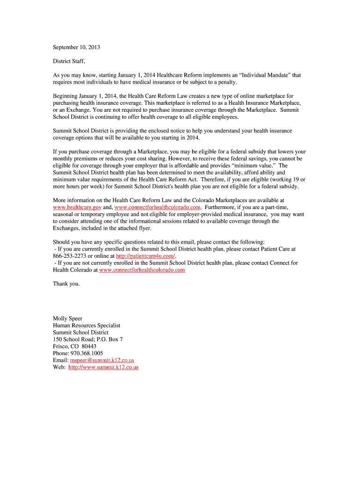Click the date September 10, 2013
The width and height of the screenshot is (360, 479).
pyautogui.click(x=76, y=47)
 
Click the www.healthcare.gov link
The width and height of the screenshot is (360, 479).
pyautogui.click(x=77, y=207)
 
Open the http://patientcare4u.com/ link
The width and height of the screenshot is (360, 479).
pyautogui.click(x=145, y=256)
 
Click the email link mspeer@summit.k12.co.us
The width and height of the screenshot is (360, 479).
pyautogui.click(x=102, y=360)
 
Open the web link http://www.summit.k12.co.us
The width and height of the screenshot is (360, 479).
pyautogui.click(x=103, y=367)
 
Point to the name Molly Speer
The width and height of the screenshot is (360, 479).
pyautogui.click(x=67, y=319)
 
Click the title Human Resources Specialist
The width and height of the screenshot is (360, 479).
pyautogui.click(x=86, y=326)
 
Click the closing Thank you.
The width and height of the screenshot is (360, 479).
pyautogui.click(x=66, y=283)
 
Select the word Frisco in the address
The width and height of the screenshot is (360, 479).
pyautogui.click(x=61, y=346)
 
